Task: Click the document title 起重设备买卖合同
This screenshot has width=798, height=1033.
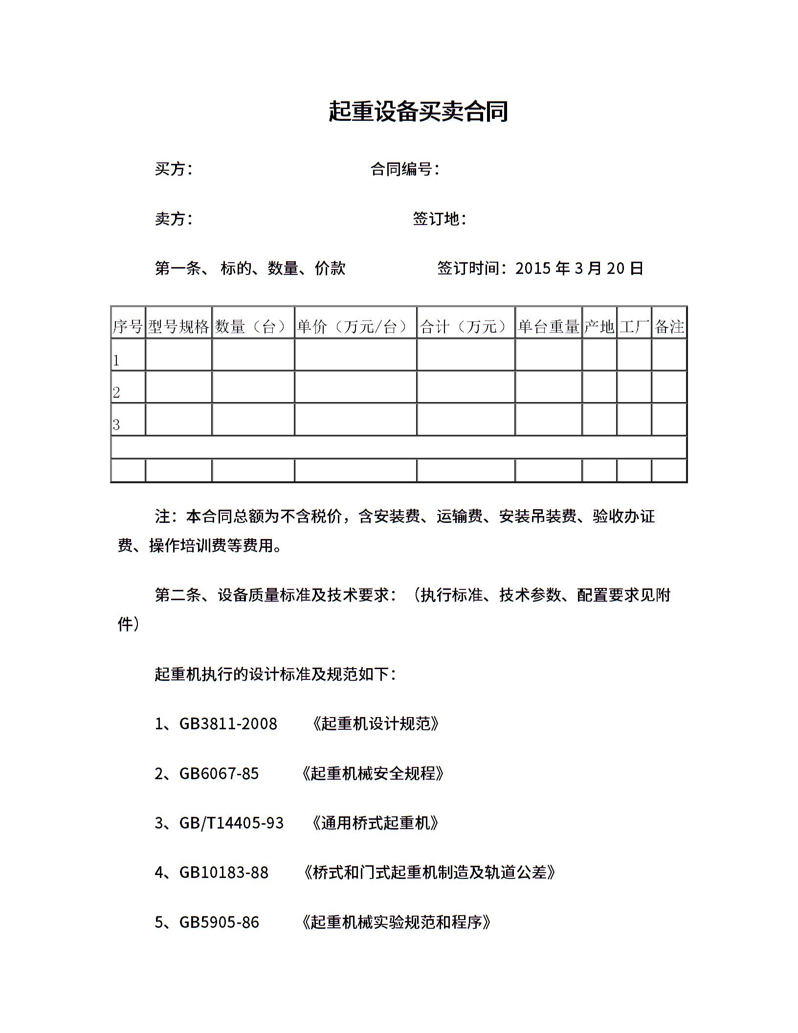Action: point(418,112)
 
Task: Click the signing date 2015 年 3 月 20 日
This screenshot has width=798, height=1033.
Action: point(579,268)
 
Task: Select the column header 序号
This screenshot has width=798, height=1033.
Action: point(128,327)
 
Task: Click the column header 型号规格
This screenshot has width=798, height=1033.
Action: point(178,327)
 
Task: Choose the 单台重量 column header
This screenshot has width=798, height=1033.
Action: point(548,327)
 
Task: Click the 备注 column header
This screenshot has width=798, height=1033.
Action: point(669,327)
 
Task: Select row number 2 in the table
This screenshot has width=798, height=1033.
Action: point(116,392)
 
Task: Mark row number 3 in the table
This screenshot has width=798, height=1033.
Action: point(116,425)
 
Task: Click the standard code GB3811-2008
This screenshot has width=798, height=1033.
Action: point(228,724)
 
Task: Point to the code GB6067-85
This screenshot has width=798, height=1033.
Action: point(219,773)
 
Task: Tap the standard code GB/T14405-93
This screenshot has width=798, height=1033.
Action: point(231,823)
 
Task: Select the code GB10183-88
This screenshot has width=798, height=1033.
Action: point(224,873)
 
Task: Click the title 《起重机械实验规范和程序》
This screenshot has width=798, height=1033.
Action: point(397,922)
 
